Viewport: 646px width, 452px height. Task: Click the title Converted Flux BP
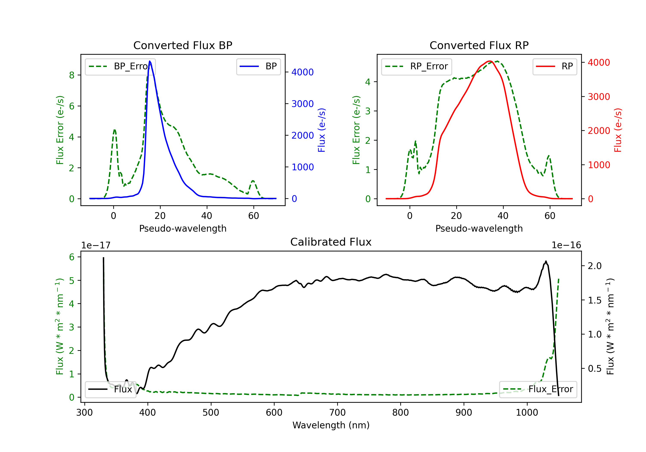click(x=183, y=45)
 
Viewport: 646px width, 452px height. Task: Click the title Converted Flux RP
click(x=479, y=45)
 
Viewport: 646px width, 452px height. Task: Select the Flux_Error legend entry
click(x=538, y=389)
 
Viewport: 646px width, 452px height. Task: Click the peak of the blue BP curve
click(x=150, y=61)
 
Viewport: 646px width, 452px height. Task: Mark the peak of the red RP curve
click(x=490, y=61)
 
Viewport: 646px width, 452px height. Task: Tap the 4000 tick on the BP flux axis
click(x=303, y=72)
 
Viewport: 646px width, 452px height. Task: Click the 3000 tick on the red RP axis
click(x=599, y=97)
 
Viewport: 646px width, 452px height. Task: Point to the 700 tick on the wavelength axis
click(x=337, y=412)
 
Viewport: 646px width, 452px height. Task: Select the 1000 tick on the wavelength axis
click(x=527, y=412)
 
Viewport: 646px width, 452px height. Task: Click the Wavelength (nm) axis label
click(x=331, y=425)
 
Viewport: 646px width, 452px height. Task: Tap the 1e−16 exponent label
click(x=566, y=245)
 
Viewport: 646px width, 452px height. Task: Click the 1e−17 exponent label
click(x=96, y=245)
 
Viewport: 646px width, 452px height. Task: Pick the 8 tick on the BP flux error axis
click(x=72, y=75)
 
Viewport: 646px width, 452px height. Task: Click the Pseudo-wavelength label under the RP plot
click(x=479, y=228)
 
